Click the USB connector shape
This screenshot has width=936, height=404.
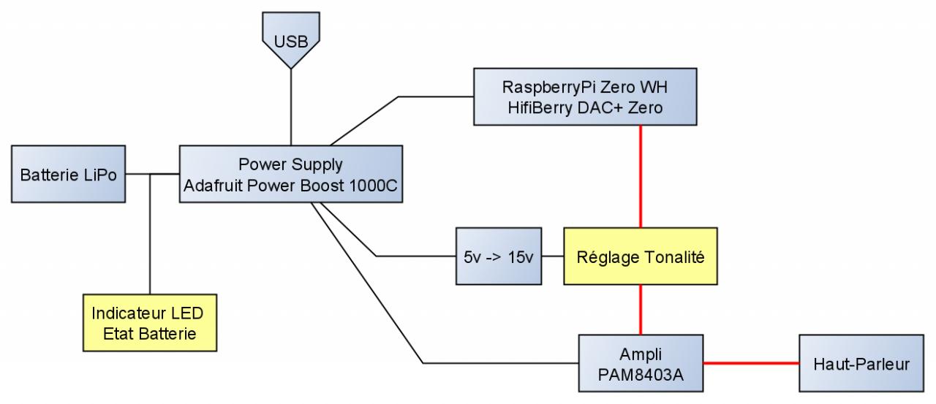(290, 38)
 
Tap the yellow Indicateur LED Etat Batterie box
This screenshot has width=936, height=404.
(148, 323)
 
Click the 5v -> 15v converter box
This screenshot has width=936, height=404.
(499, 256)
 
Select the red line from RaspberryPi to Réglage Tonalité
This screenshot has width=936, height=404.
(641, 175)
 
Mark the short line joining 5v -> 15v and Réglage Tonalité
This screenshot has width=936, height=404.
(553, 256)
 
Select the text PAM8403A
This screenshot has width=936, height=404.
(641, 372)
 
